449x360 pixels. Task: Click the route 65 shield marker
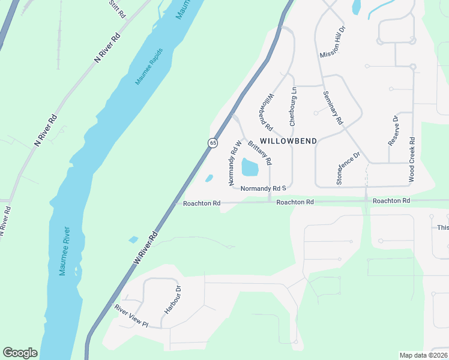click(212, 143)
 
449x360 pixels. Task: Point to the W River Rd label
click(145, 247)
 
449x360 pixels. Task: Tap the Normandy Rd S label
click(262, 188)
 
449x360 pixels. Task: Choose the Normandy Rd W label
click(232, 163)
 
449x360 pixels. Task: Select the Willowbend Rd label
click(267, 112)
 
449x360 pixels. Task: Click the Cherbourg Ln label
click(293, 107)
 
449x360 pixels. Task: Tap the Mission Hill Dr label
click(333, 42)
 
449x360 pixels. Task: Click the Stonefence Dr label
click(348, 168)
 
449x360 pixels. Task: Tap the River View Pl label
click(131, 316)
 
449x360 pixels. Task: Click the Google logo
click(20, 353)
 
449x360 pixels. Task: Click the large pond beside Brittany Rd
click(250, 167)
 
